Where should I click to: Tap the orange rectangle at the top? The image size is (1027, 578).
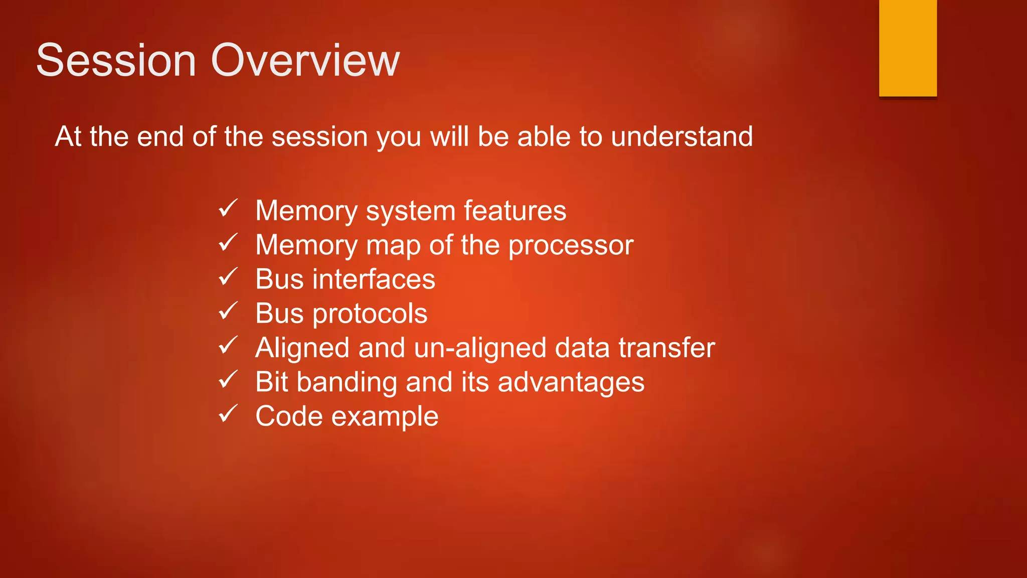click(x=908, y=48)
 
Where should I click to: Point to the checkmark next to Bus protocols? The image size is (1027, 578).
click(x=228, y=311)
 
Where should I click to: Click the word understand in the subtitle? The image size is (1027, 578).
click(x=681, y=136)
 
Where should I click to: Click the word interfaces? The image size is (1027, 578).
click(x=374, y=279)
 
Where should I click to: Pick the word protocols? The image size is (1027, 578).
click(x=370, y=314)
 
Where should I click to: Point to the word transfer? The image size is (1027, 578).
click(x=666, y=348)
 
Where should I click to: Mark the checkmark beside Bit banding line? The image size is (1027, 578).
click(x=228, y=379)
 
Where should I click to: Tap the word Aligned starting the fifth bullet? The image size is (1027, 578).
click(x=302, y=348)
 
